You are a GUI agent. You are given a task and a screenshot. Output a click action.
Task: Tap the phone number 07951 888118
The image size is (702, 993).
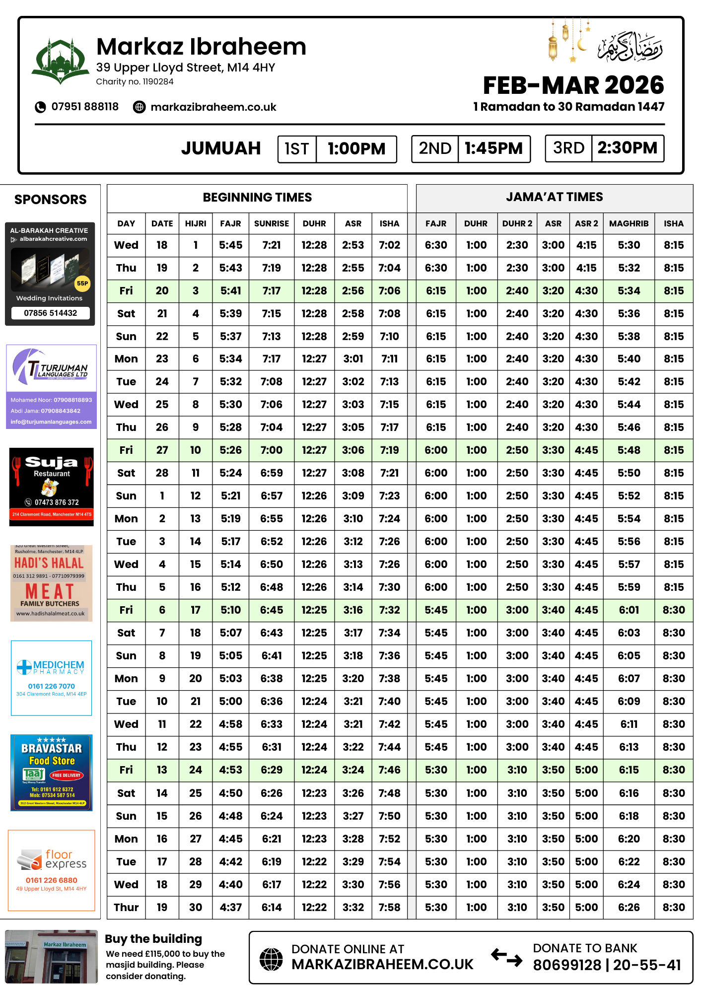pyautogui.click(x=85, y=107)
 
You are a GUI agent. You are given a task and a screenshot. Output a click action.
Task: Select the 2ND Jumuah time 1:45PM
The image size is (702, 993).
pyautogui.click(x=493, y=148)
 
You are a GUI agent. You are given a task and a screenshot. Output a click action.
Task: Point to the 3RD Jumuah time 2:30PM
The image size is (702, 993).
pyautogui.click(x=627, y=148)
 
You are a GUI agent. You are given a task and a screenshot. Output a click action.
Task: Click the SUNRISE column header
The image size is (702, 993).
pyautogui.click(x=272, y=223)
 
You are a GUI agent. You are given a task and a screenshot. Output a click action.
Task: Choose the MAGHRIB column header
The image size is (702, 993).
pyautogui.click(x=629, y=223)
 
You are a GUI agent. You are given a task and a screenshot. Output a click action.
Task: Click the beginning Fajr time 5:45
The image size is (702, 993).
pyautogui.click(x=231, y=245)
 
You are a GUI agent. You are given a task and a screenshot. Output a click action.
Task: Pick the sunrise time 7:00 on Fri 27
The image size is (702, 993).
pyautogui.click(x=272, y=450)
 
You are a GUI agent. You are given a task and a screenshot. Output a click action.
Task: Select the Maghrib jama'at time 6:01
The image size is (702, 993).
pyautogui.click(x=629, y=610)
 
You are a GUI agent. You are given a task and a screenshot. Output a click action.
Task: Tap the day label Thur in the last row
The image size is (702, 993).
pyautogui.click(x=126, y=908)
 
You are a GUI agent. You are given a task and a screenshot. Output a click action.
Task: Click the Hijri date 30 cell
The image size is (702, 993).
pyautogui.click(x=196, y=908)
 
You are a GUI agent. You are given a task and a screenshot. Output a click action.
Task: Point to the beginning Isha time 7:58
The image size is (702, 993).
pyautogui.click(x=389, y=908)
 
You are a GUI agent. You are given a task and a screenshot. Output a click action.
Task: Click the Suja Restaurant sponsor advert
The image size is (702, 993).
pyautogui.click(x=52, y=487)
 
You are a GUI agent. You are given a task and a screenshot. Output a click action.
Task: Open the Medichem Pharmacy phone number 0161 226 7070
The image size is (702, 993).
pyautogui.click(x=52, y=686)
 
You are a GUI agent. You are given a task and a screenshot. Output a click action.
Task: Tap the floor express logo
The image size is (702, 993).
pyautogui.click(x=52, y=859)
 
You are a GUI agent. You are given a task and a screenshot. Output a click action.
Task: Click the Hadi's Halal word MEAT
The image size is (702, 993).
pyautogui.click(x=50, y=591)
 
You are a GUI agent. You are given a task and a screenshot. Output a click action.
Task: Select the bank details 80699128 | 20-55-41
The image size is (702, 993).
pyautogui.click(x=607, y=965)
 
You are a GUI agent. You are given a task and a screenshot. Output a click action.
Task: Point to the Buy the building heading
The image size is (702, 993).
pyautogui.click(x=153, y=939)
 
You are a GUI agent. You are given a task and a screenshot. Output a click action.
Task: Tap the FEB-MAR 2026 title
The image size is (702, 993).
pyautogui.click(x=573, y=85)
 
